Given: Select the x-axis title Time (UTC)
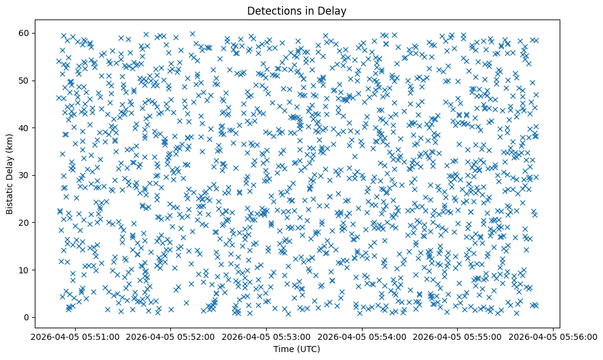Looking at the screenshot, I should pos(296,349).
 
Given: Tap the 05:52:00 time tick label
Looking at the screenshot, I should pos(171,336).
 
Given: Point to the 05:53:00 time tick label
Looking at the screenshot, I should pos(266,336).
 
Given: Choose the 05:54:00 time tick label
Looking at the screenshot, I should pos(362,336).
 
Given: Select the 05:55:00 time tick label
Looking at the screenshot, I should pos(457,336).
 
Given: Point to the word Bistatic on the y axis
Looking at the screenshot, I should pos(10,194).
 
